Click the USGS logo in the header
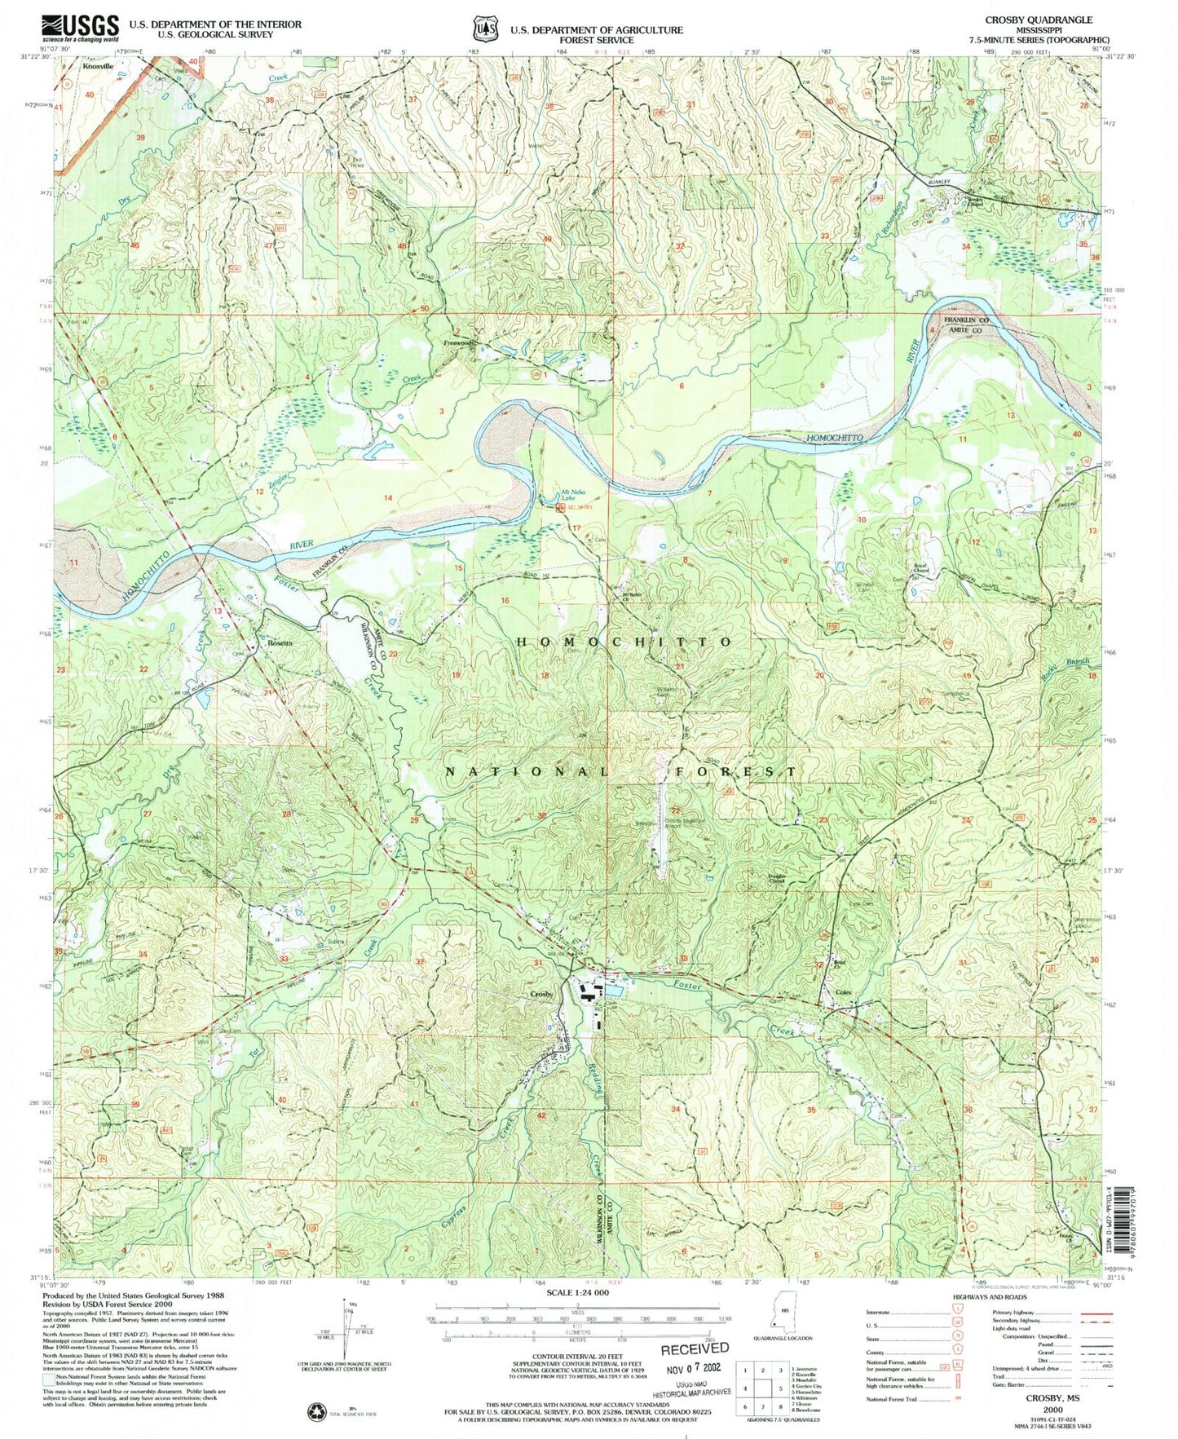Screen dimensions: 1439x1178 pos(80,29)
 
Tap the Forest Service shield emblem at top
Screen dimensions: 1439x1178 pos(484,29)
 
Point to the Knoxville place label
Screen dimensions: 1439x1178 pos(98,68)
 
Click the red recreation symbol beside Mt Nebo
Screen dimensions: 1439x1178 pos(561,508)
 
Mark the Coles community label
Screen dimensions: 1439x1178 pos(845,992)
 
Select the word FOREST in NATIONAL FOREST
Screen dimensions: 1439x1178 pos(731,770)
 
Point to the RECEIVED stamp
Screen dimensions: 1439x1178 pos(695,1349)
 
